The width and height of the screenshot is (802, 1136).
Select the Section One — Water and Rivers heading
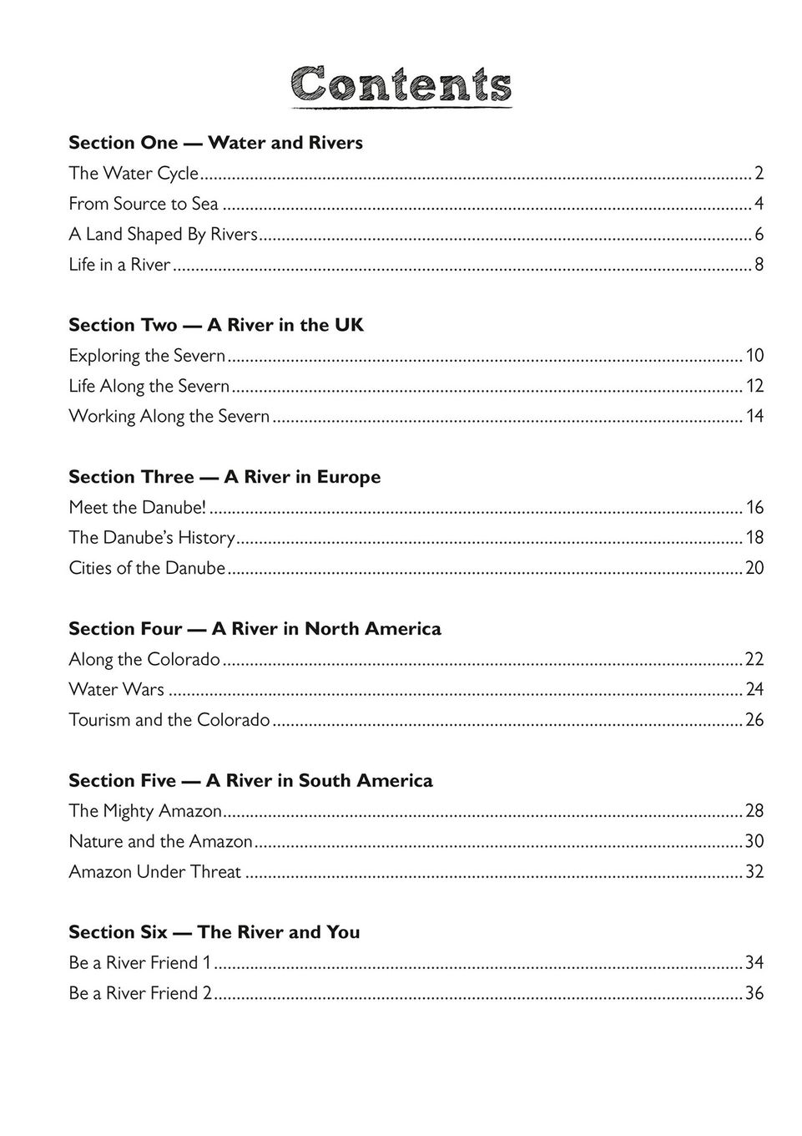(215, 143)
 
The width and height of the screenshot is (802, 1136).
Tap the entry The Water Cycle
(134, 174)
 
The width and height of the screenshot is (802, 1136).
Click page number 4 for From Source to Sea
(759, 204)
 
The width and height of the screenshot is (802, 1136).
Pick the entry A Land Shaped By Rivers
(163, 235)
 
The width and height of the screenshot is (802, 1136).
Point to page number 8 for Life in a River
(759, 265)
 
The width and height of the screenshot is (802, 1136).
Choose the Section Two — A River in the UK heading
(216, 325)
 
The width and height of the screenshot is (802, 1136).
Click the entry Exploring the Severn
(147, 356)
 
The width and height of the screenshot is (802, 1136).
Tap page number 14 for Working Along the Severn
(754, 416)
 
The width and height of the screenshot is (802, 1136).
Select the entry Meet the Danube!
(137, 507)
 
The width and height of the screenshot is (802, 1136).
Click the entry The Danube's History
(152, 537)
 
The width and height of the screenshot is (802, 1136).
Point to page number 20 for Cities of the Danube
(754, 568)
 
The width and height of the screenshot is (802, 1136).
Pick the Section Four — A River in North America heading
(255, 628)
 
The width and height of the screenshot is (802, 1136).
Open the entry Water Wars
(116, 689)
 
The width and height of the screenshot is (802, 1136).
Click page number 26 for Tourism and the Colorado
(754, 719)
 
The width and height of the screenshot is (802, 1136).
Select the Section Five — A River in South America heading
(250, 780)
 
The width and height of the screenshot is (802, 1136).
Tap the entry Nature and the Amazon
(160, 841)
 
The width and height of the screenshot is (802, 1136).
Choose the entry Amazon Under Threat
(154, 871)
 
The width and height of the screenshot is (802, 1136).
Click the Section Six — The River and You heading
(214, 931)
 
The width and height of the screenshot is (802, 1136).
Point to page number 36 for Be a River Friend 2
(754, 993)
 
